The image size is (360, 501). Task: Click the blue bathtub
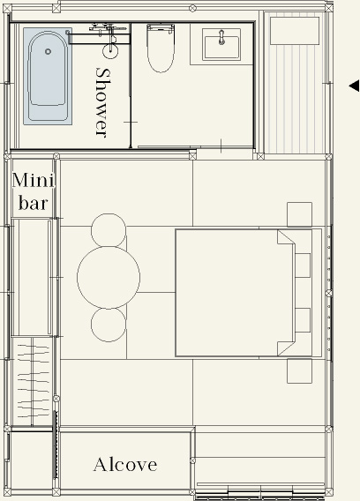(48, 76)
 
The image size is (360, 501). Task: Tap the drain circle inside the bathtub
(48, 51)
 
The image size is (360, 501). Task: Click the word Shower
(103, 102)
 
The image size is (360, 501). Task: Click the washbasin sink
(221, 47)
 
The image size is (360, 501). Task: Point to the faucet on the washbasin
(221, 37)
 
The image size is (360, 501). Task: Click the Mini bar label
(34, 191)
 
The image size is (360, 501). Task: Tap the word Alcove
(125, 465)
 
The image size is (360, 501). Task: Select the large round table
(109, 277)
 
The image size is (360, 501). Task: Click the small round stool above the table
(109, 230)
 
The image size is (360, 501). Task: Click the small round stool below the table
(109, 324)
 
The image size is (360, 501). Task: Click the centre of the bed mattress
(235, 293)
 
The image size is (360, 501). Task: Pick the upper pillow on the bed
(303, 265)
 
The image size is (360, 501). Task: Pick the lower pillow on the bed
(303, 320)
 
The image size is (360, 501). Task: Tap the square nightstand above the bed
(300, 214)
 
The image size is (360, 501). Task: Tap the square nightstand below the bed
(300, 371)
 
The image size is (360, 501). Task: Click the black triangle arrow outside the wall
(354, 86)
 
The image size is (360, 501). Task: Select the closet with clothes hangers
(32, 381)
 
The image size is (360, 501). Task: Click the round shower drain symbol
(110, 50)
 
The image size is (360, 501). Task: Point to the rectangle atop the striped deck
(295, 31)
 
